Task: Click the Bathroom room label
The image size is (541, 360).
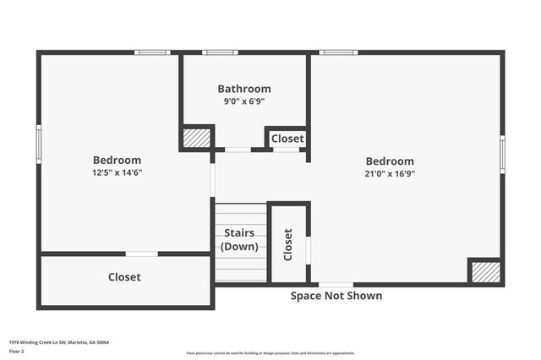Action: [x=244, y=89]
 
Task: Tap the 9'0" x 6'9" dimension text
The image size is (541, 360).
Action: [x=244, y=101]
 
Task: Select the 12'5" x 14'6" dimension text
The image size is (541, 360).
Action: [x=117, y=172]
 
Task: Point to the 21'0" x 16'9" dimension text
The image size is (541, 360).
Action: [x=390, y=173]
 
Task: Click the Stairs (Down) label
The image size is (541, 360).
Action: [x=239, y=240]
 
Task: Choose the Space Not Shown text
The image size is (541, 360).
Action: [x=336, y=296]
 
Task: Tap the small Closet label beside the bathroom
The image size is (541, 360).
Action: [x=287, y=139]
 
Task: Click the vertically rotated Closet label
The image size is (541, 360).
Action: [x=287, y=244]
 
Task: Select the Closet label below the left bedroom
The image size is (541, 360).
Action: [x=124, y=277]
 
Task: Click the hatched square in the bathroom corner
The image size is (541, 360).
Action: [x=196, y=138]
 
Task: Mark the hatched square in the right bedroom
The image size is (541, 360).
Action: [x=486, y=271]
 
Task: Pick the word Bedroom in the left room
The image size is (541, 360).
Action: [x=117, y=160]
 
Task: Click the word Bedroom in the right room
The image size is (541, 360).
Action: [x=390, y=161]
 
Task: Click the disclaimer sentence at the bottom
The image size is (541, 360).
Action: [x=270, y=353]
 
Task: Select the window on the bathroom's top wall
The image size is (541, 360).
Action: [x=220, y=52]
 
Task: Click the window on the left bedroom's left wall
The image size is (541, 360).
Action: [x=38, y=144]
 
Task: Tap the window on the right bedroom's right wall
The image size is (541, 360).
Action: [x=502, y=155]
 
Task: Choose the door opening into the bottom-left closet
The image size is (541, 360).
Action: [x=141, y=254]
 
